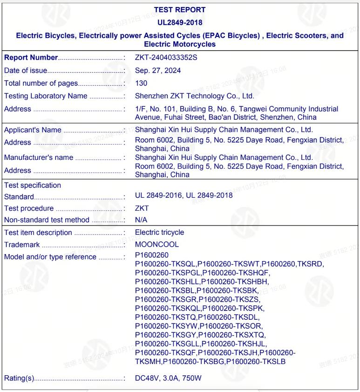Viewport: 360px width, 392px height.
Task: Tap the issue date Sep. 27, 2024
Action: (158, 70)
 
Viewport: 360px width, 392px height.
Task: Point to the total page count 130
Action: (141, 83)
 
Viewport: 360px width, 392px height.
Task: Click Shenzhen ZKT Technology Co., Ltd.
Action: (194, 96)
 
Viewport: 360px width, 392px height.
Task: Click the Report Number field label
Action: (31, 57)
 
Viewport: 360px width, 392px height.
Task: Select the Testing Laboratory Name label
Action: (46, 96)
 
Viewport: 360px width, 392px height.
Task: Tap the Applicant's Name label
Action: (33, 130)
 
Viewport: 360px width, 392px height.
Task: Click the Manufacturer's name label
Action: (39, 158)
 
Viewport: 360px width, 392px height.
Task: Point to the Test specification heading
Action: (33, 185)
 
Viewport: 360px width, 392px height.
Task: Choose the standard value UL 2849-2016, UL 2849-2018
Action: (183, 196)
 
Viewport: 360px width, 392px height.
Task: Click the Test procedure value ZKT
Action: (142, 208)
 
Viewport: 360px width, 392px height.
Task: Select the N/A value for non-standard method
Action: (142, 220)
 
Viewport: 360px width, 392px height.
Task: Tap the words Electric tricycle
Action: (159, 232)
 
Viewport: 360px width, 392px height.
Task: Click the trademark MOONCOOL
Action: (157, 244)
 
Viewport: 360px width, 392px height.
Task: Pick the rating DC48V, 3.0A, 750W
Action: (168, 377)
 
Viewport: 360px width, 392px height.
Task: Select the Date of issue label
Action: (26, 70)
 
